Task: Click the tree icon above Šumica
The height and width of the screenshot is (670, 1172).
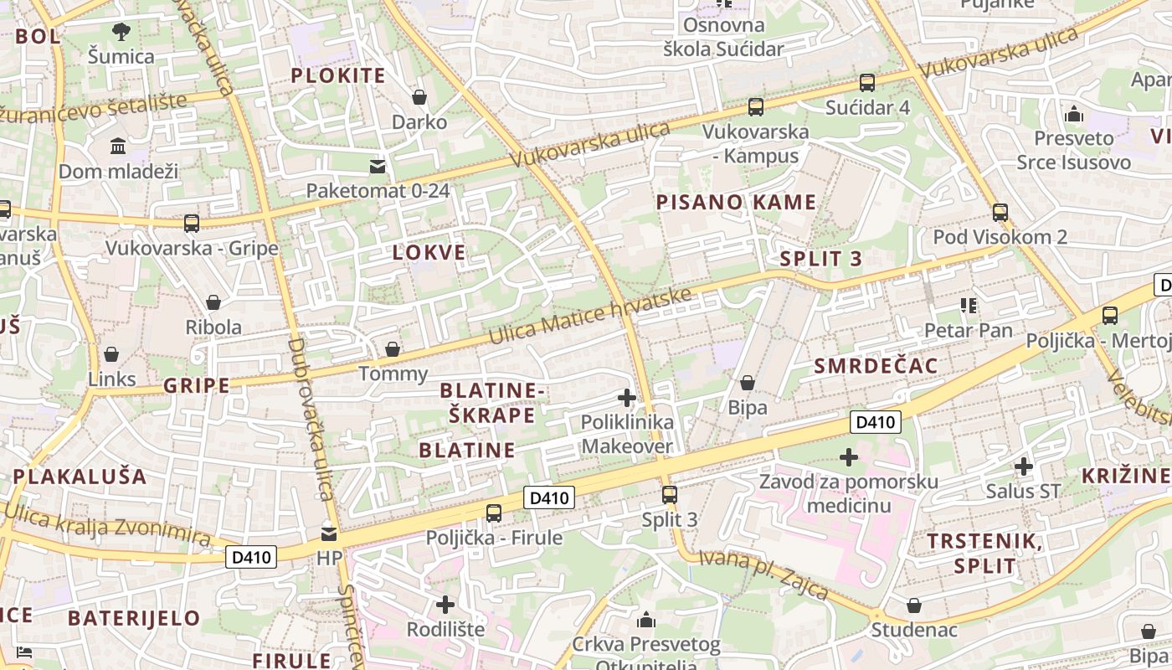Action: [x=121, y=33]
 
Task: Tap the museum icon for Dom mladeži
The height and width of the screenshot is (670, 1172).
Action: [x=118, y=147]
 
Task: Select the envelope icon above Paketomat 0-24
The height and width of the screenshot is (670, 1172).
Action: [x=378, y=166]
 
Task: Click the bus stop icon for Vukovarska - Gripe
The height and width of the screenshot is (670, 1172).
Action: [x=191, y=224]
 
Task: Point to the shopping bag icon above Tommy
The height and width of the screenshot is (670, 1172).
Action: [x=392, y=349]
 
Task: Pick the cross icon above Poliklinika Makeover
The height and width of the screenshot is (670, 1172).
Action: [x=626, y=398]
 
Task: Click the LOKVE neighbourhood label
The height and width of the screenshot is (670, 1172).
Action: [x=429, y=253]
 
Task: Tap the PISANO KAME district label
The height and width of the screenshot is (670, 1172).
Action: [x=736, y=202]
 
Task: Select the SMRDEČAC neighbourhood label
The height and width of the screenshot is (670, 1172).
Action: [x=876, y=366]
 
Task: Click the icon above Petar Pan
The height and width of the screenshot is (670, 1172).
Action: [x=969, y=306]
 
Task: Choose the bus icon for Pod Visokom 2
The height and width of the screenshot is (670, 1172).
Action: [x=1000, y=212]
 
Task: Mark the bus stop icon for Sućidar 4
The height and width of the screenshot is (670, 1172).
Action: [x=867, y=83]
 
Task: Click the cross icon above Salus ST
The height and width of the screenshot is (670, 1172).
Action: [x=1023, y=466]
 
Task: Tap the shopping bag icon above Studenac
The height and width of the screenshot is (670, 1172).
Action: [x=914, y=605]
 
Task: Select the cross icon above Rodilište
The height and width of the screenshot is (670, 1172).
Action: [x=445, y=604]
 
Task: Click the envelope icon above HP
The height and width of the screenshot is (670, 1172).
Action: [x=329, y=533]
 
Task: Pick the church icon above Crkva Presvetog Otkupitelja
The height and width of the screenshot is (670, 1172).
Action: [x=645, y=621]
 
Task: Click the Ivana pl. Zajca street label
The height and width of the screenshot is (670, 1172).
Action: [x=763, y=575]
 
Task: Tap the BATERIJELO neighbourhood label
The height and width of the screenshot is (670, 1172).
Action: [x=134, y=619]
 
